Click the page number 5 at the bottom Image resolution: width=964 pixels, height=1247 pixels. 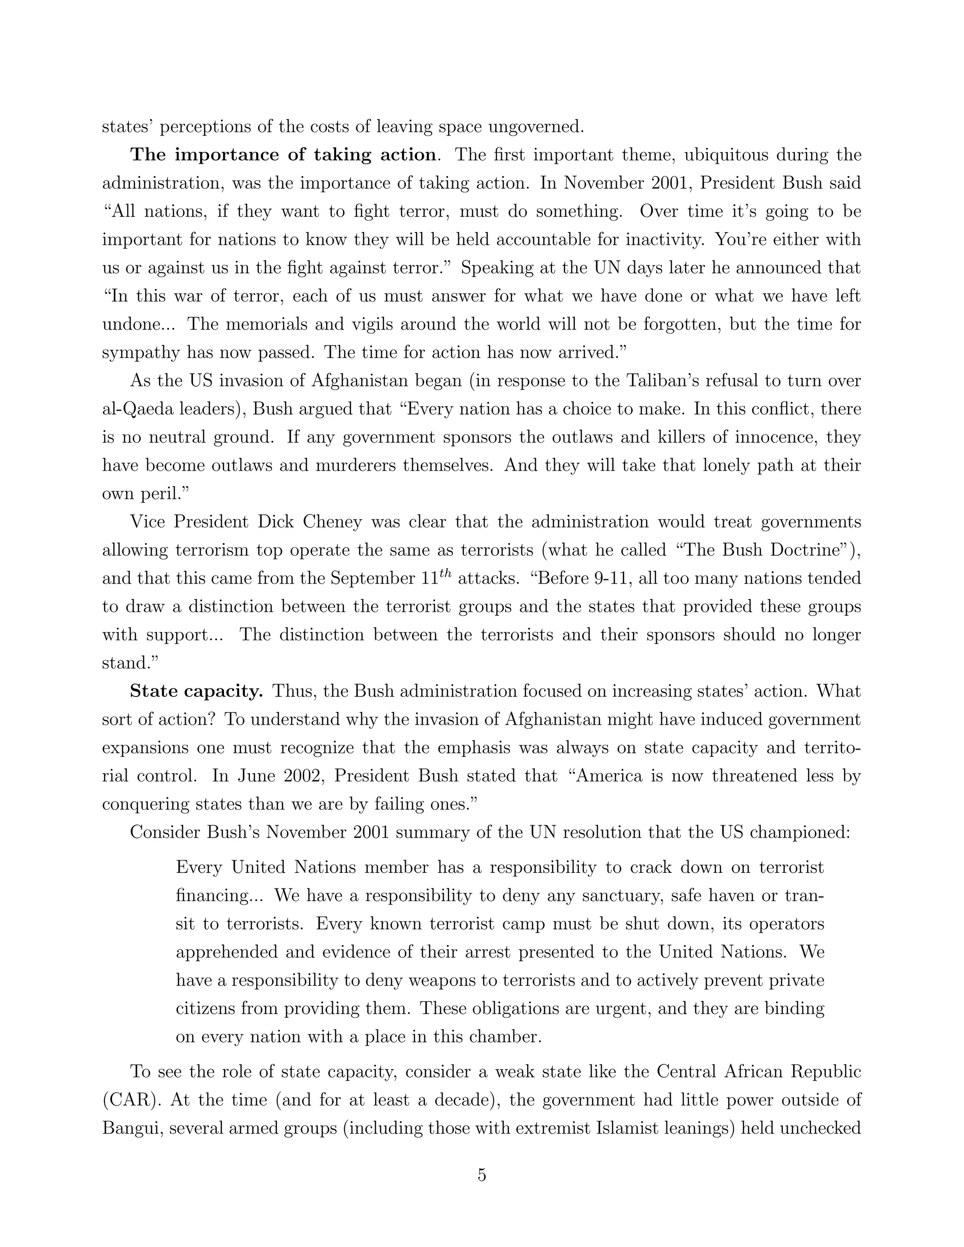point(482,1175)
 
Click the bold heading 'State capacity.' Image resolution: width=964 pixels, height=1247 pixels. point(196,691)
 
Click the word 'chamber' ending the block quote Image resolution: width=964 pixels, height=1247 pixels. point(503,1036)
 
